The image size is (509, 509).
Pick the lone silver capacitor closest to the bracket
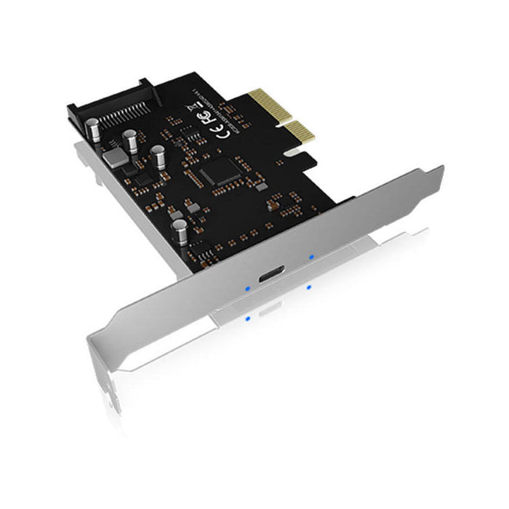pyautogui.click(x=179, y=231)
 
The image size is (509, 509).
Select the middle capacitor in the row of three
pyautogui.click(x=131, y=141)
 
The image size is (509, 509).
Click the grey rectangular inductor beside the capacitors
pyautogui.click(x=114, y=156)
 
